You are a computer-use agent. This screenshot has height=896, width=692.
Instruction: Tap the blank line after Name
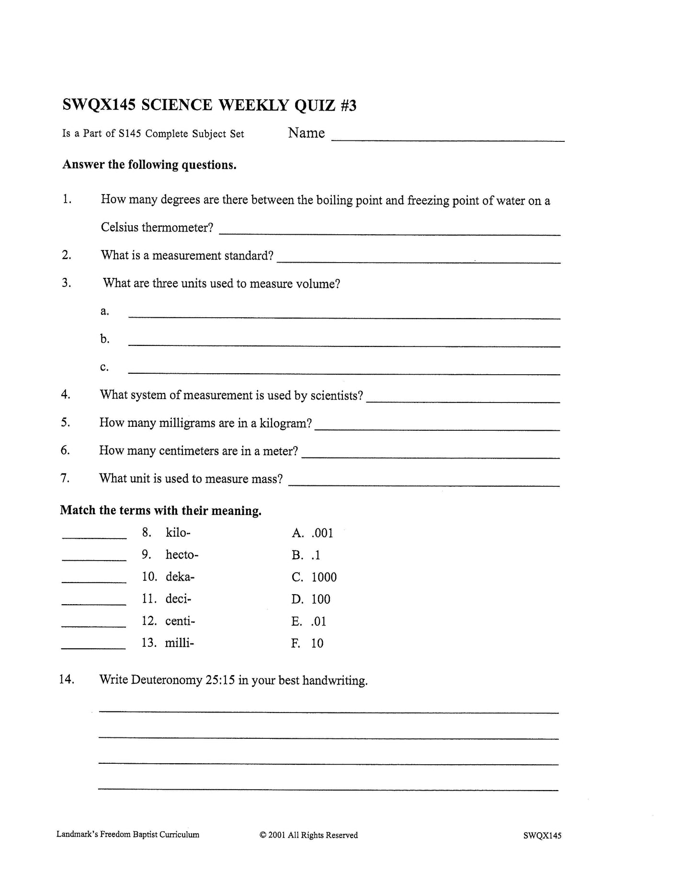tap(448, 139)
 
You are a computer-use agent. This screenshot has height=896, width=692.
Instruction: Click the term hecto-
tap(182, 555)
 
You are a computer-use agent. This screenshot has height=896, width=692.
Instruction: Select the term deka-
tap(180, 577)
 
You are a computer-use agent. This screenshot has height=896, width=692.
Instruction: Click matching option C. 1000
tap(314, 577)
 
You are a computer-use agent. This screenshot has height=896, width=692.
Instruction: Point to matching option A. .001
tap(312, 533)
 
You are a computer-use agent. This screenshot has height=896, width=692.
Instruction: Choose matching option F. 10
tap(307, 643)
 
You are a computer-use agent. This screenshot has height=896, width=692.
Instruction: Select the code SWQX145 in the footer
tap(542, 836)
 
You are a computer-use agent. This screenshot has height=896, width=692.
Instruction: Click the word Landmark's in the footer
tap(77, 835)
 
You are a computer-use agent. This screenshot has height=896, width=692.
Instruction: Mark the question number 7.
tap(65, 478)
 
